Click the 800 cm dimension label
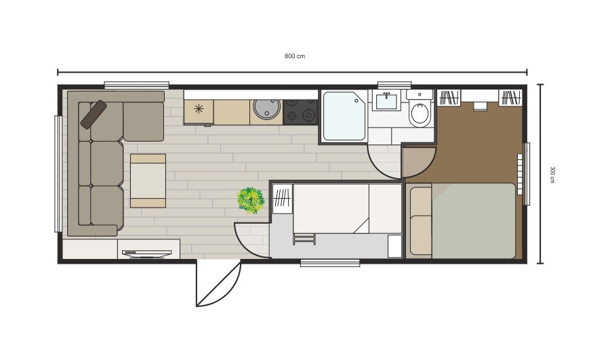click(x=295, y=56)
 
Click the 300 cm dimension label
click(x=552, y=174)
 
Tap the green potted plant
click(x=251, y=200)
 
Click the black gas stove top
click(x=300, y=112)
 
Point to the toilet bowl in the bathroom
click(x=420, y=113)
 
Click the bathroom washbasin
click(x=386, y=100)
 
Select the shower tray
click(x=344, y=116)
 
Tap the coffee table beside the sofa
click(x=148, y=180)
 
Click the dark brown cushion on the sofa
click(x=94, y=115)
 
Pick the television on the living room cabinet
click(x=146, y=254)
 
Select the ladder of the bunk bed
click(x=304, y=239)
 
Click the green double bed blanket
click(x=474, y=220)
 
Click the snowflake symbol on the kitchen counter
click(x=199, y=108)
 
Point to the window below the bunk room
click(x=330, y=264)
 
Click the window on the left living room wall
click(x=58, y=174)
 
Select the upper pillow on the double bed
click(x=420, y=201)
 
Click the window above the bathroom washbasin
click(x=394, y=85)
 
